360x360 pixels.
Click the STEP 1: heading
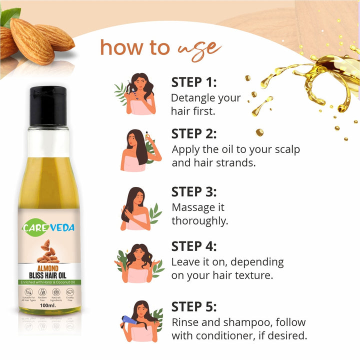pyautogui.click(x=194, y=82)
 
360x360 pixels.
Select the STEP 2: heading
pyautogui.click(x=194, y=133)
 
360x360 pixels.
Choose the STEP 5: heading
pyautogui.click(x=194, y=306)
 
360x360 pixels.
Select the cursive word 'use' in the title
pyautogui.click(x=199, y=48)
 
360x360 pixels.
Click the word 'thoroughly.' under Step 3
pyautogui.click(x=199, y=220)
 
